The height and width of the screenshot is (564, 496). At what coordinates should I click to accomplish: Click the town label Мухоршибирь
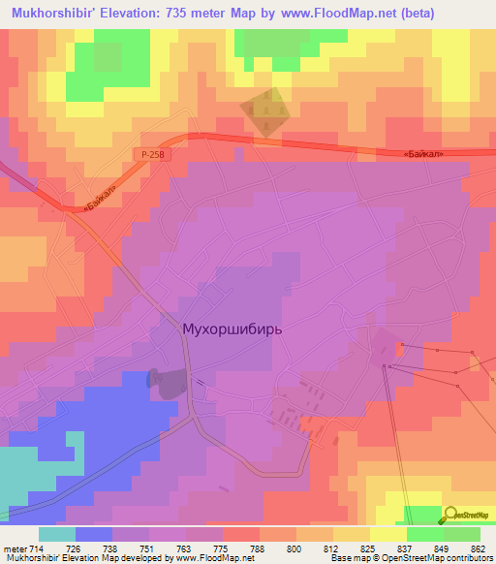point(232,329)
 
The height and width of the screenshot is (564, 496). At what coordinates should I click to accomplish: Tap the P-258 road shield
point(146,154)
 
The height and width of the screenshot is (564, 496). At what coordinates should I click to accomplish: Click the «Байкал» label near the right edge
point(429,153)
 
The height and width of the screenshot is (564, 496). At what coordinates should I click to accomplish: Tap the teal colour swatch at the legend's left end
point(57,534)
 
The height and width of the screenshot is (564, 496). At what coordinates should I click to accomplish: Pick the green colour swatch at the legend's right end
point(461,534)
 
